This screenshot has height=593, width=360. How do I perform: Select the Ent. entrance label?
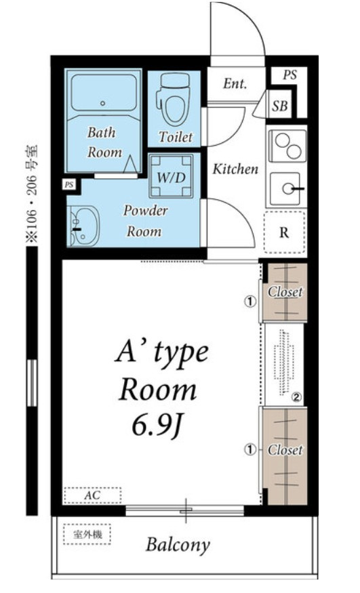(235, 83)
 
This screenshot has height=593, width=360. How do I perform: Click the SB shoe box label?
(280, 106)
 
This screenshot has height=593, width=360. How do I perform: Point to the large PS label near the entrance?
(289, 75)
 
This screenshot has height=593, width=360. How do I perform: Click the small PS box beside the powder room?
(69, 185)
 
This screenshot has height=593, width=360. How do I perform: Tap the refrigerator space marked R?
(284, 232)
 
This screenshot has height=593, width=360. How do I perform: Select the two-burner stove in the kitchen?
(287, 146)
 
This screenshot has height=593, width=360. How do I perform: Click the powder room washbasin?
(83, 226)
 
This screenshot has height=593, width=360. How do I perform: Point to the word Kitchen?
(235, 169)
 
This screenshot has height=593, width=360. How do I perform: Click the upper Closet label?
(285, 292)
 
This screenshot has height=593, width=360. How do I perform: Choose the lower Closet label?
(285, 450)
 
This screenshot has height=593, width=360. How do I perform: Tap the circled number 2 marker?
(296, 397)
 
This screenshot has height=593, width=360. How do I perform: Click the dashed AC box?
(93, 495)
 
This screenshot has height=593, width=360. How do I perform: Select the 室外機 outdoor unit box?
(87, 534)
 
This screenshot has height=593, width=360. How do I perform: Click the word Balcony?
(178, 545)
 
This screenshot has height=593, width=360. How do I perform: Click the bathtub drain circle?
(102, 103)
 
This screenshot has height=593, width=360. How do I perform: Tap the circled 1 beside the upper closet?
(249, 302)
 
